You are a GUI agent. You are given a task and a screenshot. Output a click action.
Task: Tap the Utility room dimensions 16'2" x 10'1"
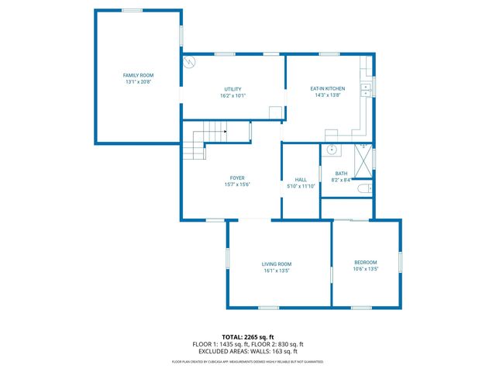(233, 96)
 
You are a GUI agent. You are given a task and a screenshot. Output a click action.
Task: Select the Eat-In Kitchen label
(328, 88)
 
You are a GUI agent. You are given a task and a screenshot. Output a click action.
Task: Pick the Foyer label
(237, 177)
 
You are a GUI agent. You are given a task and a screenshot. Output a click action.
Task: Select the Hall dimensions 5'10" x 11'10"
(301, 186)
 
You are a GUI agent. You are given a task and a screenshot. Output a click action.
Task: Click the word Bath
(341, 174)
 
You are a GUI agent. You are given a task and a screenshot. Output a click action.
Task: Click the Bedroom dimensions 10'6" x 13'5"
(365, 269)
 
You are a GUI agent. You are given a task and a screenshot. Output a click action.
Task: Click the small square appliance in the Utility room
(275, 112)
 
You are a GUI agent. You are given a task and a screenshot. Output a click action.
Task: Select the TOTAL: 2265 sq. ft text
(247, 337)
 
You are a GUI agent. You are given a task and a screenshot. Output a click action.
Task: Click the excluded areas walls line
(247, 351)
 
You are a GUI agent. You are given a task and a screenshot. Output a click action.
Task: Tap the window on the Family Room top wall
(132, 10)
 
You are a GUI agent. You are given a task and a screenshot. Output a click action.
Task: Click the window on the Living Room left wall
(227, 258)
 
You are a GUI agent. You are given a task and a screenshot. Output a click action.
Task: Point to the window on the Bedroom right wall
(401, 262)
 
